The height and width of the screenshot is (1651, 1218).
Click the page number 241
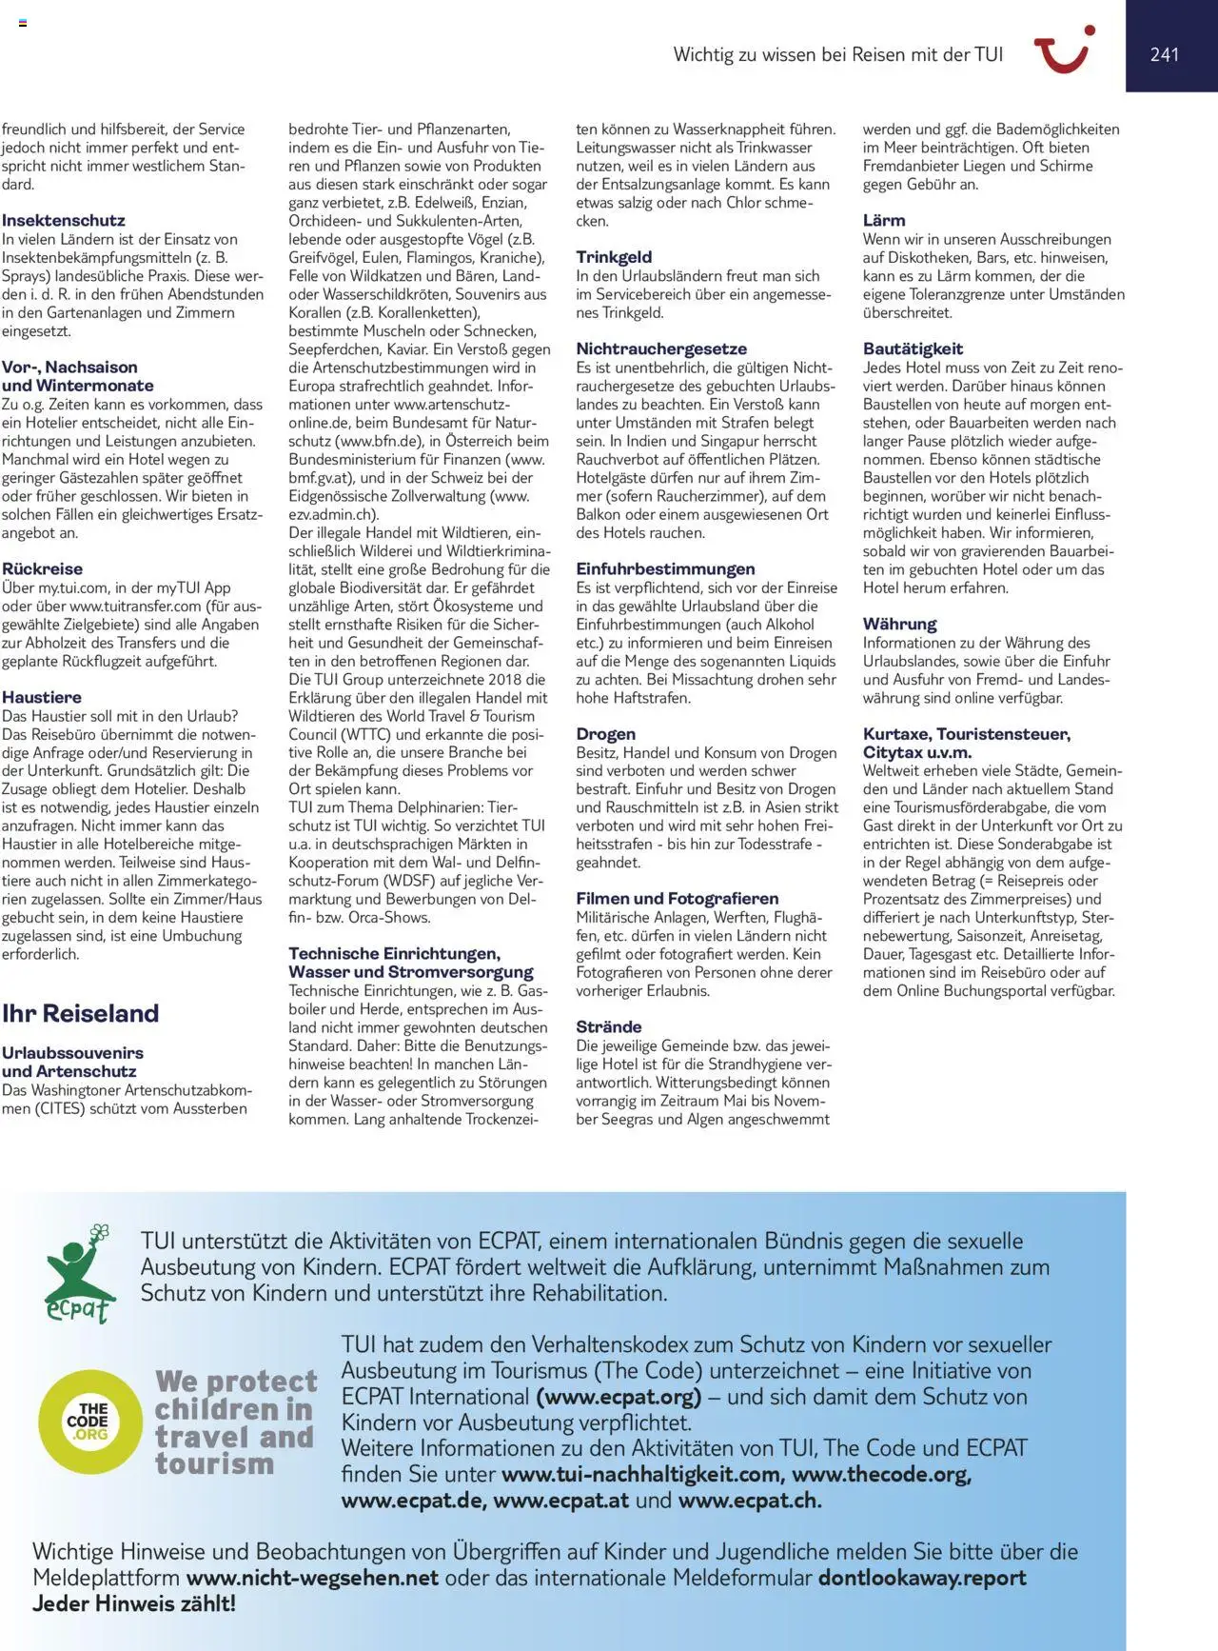1164,55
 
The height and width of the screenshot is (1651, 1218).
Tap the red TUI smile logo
1064,50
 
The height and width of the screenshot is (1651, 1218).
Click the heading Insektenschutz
63,221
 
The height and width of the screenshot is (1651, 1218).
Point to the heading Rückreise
42,569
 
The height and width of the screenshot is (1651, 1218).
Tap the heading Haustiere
41,698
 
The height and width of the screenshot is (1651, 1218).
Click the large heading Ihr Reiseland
80,1013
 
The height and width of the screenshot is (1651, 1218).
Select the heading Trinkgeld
614,257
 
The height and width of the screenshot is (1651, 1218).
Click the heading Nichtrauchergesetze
661,349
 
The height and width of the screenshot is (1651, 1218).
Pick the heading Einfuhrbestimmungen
665,569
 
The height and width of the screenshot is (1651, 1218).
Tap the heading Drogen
605,734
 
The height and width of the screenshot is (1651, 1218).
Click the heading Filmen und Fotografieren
677,899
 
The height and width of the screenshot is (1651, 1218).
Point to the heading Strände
608,1027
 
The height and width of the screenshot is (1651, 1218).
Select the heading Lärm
884,221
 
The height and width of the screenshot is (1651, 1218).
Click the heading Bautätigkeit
913,349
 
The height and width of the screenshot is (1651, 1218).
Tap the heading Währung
899,625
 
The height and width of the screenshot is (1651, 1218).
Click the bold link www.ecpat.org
619,1397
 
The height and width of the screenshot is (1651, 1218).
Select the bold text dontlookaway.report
921,1578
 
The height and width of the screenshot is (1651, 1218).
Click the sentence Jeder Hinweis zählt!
134,1603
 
